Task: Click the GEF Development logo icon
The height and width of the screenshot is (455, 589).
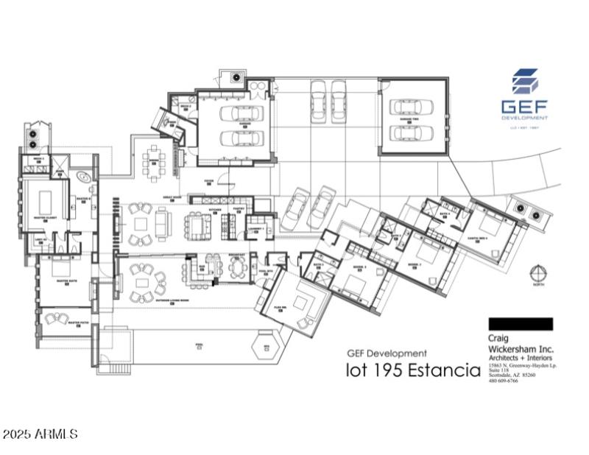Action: click(525, 82)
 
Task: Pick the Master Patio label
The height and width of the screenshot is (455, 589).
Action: click(78, 322)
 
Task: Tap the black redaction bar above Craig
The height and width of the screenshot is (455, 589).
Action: click(521, 324)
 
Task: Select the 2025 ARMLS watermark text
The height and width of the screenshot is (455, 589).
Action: click(40, 435)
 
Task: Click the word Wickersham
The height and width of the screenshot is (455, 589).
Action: click(521, 349)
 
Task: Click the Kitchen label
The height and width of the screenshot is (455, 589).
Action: click(216, 211)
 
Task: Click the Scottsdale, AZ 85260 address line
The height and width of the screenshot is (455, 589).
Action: click(512, 375)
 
